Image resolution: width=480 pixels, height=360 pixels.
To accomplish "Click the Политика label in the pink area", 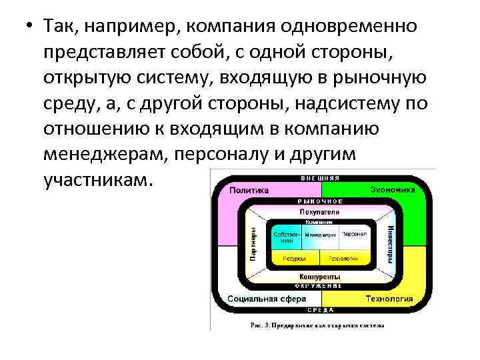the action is [249, 190].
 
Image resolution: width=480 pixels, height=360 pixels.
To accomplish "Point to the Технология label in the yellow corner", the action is [389, 299].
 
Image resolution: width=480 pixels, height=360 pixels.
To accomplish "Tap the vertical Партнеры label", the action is [253, 244].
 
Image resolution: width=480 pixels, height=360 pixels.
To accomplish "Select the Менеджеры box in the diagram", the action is [321, 235].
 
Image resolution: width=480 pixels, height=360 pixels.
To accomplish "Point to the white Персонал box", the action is [353, 235].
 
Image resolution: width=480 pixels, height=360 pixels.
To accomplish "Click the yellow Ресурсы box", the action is [294, 258].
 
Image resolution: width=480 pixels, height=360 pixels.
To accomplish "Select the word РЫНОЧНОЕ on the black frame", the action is [321, 201].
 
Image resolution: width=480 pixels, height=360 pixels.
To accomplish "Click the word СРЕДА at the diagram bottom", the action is [321, 310].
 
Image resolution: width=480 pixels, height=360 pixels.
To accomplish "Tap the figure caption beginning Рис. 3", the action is [317, 325].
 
